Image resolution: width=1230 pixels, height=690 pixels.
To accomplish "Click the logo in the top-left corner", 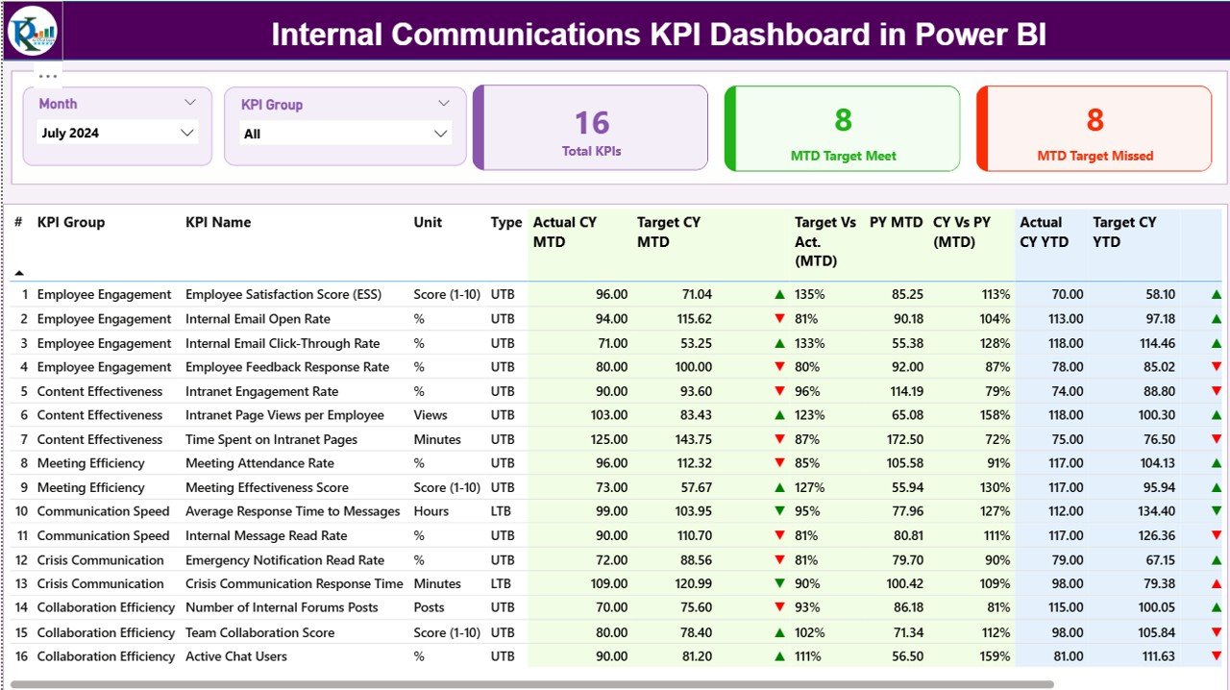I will tap(33, 32).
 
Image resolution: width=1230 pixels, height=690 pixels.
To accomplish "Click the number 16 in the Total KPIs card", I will tap(592, 123).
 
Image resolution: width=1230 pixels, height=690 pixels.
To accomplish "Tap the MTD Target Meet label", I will tap(843, 156).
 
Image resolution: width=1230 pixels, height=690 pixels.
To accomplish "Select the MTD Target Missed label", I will tap(1095, 156).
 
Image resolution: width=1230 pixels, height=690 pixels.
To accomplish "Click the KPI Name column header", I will tap(218, 222).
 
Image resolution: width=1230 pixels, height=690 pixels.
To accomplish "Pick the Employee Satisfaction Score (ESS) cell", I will tap(283, 295).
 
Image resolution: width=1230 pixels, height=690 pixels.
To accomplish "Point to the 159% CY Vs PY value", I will tap(991, 656).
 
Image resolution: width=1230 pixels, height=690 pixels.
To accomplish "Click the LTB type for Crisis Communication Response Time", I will tap(503, 583).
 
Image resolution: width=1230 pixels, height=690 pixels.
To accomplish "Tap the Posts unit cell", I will tap(429, 607).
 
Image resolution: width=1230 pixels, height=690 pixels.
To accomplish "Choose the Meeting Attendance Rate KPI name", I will tap(259, 463).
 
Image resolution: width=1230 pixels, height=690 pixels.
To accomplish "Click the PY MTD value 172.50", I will tap(904, 439).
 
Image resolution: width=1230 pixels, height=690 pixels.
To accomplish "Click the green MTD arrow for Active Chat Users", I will tap(780, 656).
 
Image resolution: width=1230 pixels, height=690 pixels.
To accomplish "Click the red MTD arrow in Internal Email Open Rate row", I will tap(780, 319).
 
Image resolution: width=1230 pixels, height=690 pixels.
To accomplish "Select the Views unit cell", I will tap(430, 415).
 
